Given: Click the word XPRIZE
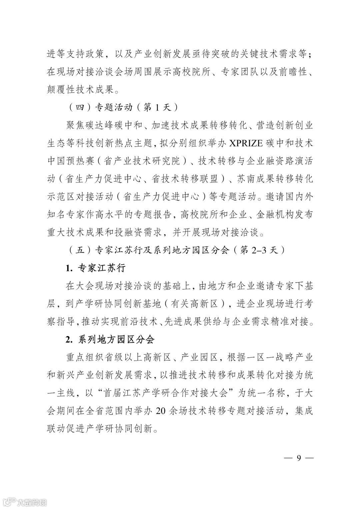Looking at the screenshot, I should click(x=246, y=143).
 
